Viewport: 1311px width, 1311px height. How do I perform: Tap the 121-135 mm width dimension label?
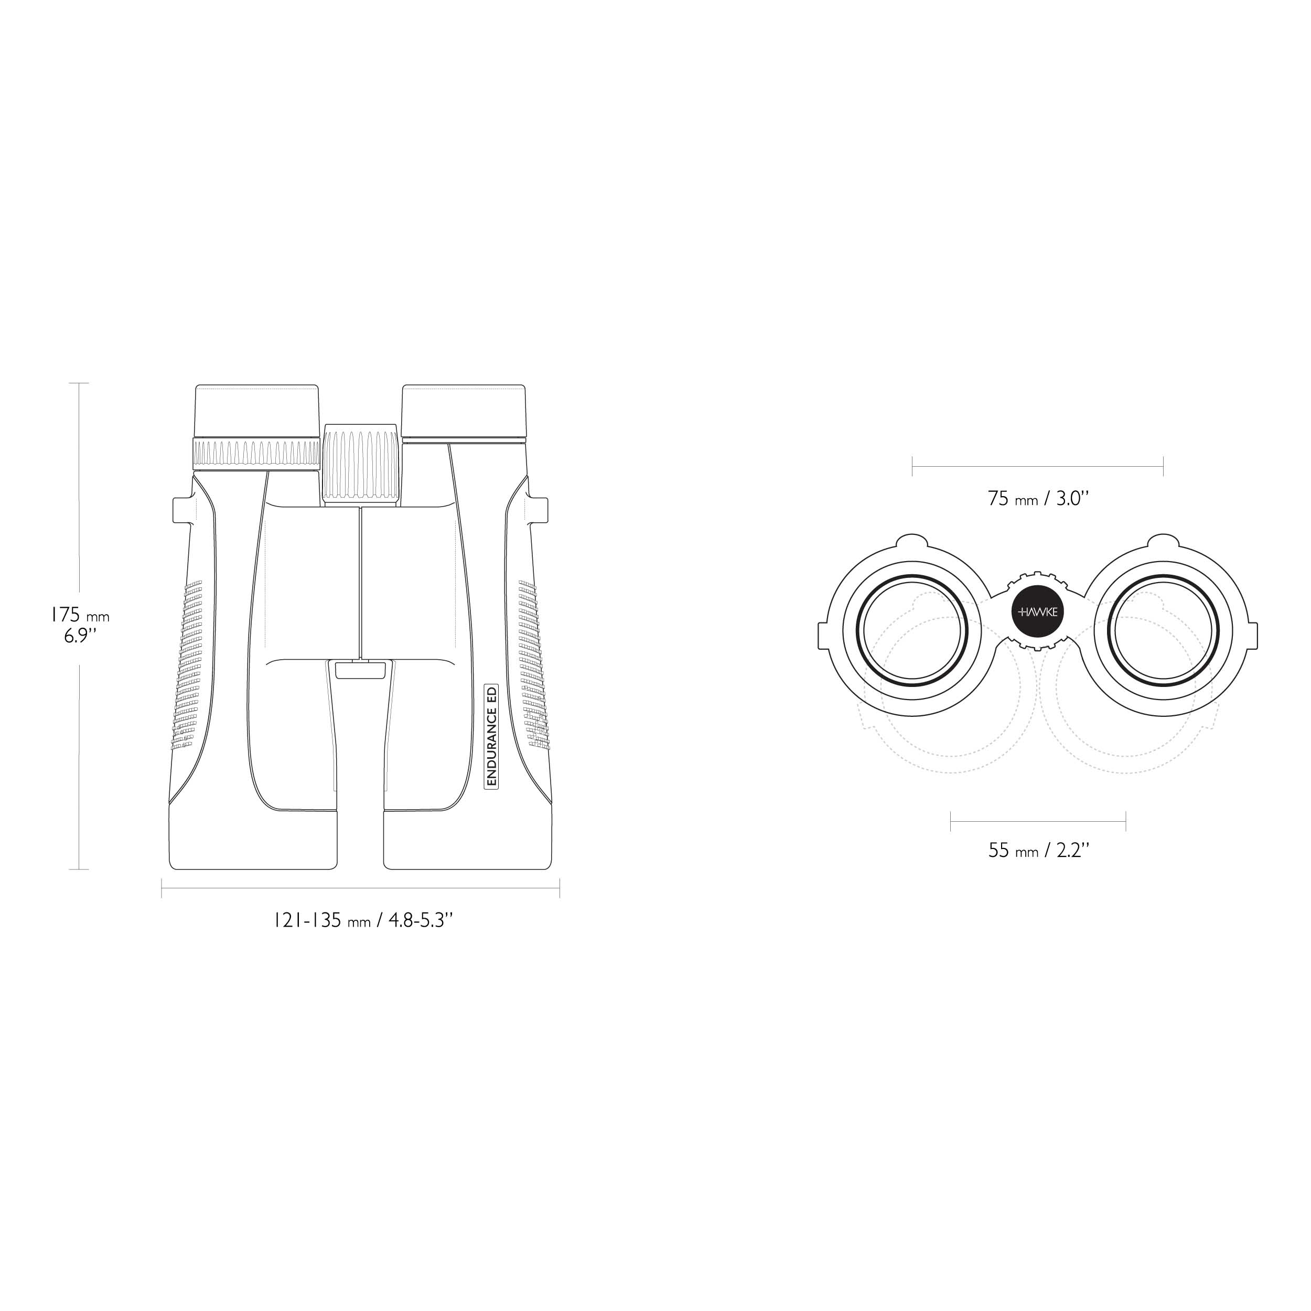coord(363,920)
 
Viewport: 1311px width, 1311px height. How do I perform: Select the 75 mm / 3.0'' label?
coord(1038,499)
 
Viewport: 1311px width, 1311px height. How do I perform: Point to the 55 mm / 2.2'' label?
coord(1039,850)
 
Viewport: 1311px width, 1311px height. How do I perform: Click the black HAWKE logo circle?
coord(1038,612)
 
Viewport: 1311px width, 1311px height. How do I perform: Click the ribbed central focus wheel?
coord(360,464)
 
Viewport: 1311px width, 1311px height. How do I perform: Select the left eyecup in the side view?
coord(257,411)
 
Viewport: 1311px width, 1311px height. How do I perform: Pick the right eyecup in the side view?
coord(464,412)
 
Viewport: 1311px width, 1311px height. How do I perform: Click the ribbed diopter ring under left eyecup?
coord(257,453)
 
